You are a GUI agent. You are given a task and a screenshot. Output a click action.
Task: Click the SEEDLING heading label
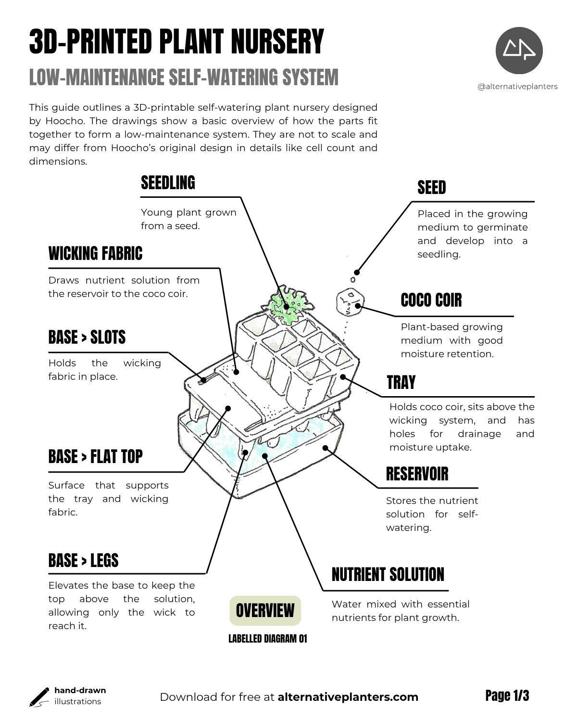pyautogui.click(x=168, y=183)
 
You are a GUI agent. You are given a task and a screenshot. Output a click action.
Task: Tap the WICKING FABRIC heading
pyautogui.click(x=95, y=253)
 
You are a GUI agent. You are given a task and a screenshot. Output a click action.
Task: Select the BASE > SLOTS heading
pyautogui.click(x=87, y=337)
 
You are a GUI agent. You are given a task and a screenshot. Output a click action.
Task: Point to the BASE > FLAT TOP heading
pyautogui.click(x=95, y=457)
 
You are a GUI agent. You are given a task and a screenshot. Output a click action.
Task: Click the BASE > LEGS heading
pyautogui.click(x=83, y=561)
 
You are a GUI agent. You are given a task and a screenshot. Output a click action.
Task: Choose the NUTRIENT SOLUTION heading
pyautogui.click(x=388, y=574)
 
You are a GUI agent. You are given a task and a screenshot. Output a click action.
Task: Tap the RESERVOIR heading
pyautogui.click(x=417, y=474)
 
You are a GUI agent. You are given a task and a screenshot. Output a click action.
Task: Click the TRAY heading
pyautogui.click(x=401, y=383)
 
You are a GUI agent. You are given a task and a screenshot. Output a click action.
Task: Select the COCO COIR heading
pyautogui.click(x=431, y=300)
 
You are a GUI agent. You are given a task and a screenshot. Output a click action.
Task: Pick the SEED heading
pyautogui.click(x=431, y=187)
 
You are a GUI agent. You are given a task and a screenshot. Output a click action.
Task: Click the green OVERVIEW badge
pyautogui.click(x=265, y=611)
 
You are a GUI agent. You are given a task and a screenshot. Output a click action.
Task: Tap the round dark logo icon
pyautogui.click(x=519, y=51)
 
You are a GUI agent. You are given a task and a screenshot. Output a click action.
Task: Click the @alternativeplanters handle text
pyautogui.click(x=517, y=87)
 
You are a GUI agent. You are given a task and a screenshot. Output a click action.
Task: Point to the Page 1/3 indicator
pyautogui.click(x=507, y=696)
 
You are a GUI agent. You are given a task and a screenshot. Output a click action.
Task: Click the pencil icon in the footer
pyautogui.click(x=39, y=697)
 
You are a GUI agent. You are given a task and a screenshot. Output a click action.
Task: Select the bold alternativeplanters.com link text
pyautogui.click(x=348, y=697)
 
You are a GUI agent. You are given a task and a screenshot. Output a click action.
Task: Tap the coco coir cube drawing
pyautogui.click(x=350, y=302)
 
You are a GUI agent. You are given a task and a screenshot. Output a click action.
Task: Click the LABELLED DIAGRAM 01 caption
pyautogui.click(x=267, y=638)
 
